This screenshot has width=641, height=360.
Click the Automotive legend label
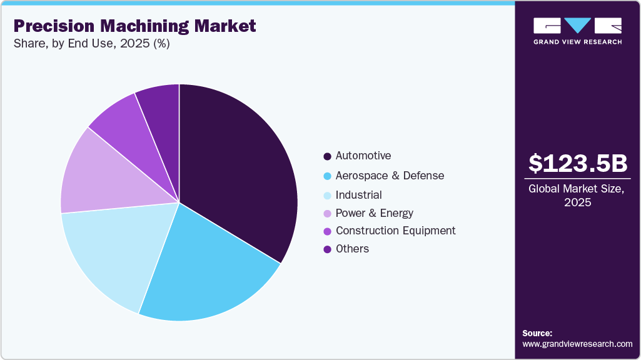(x=363, y=156)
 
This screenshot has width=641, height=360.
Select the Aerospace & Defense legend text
(x=390, y=176)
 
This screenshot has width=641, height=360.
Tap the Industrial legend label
(x=358, y=195)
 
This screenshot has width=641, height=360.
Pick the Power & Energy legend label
(x=375, y=213)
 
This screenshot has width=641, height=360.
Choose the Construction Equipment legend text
(x=395, y=231)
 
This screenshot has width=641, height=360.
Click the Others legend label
(x=352, y=249)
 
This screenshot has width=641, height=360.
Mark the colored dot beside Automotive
(x=327, y=156)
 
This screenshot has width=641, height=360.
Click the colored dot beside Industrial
(x=327, y=196)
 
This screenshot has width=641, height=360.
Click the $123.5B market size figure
(x=577, y=163)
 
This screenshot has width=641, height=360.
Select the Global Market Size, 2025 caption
(x=577, y=196)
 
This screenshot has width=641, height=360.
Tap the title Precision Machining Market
(x=134, y=26)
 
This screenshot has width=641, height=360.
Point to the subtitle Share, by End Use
(x=91, y=44)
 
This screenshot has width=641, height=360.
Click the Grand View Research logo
(x=577, y=31)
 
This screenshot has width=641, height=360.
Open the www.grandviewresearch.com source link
(x=577, y=344)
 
